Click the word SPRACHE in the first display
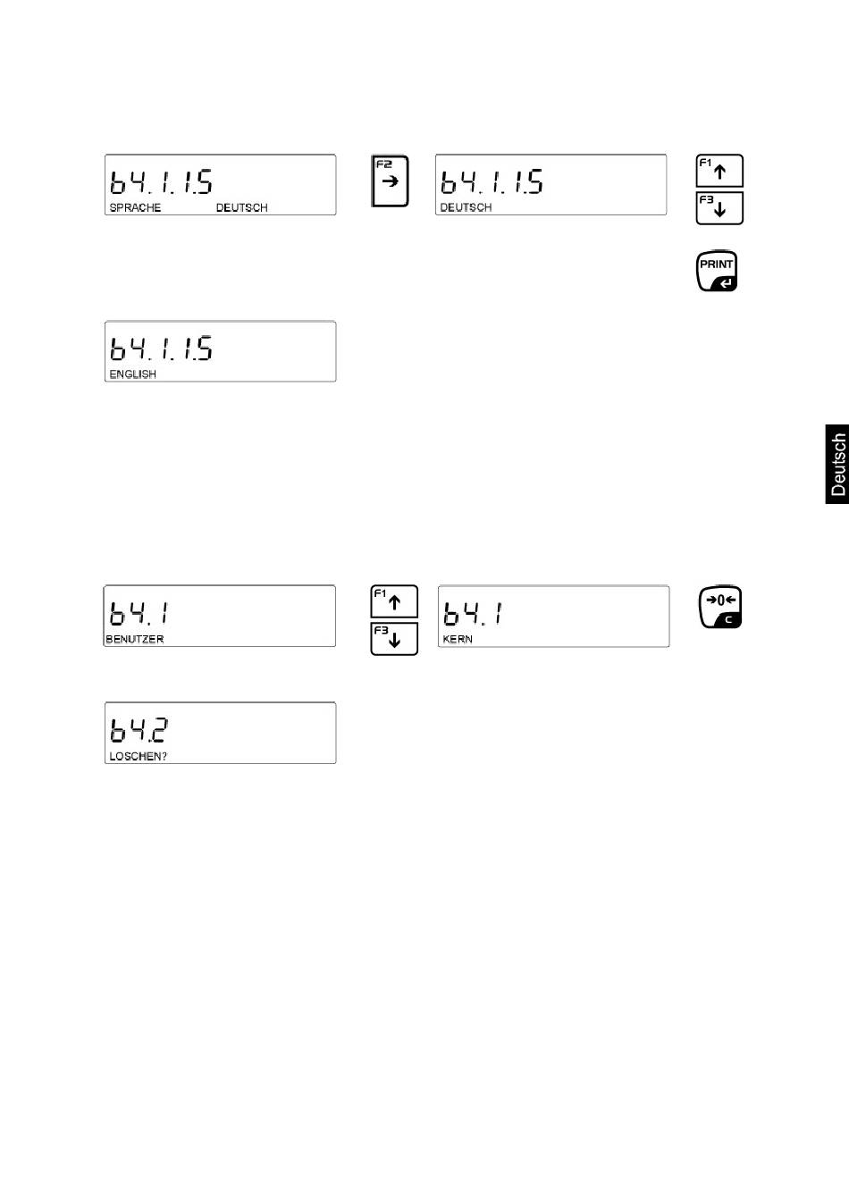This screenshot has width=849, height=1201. point(135,207)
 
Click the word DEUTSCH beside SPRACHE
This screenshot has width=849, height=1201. point(241,207)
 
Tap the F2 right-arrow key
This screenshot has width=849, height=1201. point(390,181)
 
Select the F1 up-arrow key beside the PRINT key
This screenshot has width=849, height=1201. point(719,171)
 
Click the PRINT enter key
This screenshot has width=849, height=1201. point(717,272)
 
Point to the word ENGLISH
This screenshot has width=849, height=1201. point(132,374)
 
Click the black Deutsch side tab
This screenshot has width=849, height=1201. point(837,465)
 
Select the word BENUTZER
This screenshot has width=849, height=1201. point(135,640)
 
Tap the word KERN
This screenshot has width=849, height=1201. point(458,640)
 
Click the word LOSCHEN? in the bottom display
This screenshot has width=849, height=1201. point(138,756)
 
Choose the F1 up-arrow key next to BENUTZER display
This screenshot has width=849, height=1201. point(394,601)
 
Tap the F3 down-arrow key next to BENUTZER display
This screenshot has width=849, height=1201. point(394,640)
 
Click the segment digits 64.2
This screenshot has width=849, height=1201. point(139,731)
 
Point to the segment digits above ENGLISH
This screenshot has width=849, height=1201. point(161,348)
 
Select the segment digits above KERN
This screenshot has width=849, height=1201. point(473,614)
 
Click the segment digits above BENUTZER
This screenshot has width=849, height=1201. point(139,613)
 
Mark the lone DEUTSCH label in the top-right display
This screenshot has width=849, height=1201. point(466,207)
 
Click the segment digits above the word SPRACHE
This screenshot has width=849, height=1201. point(161,181)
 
